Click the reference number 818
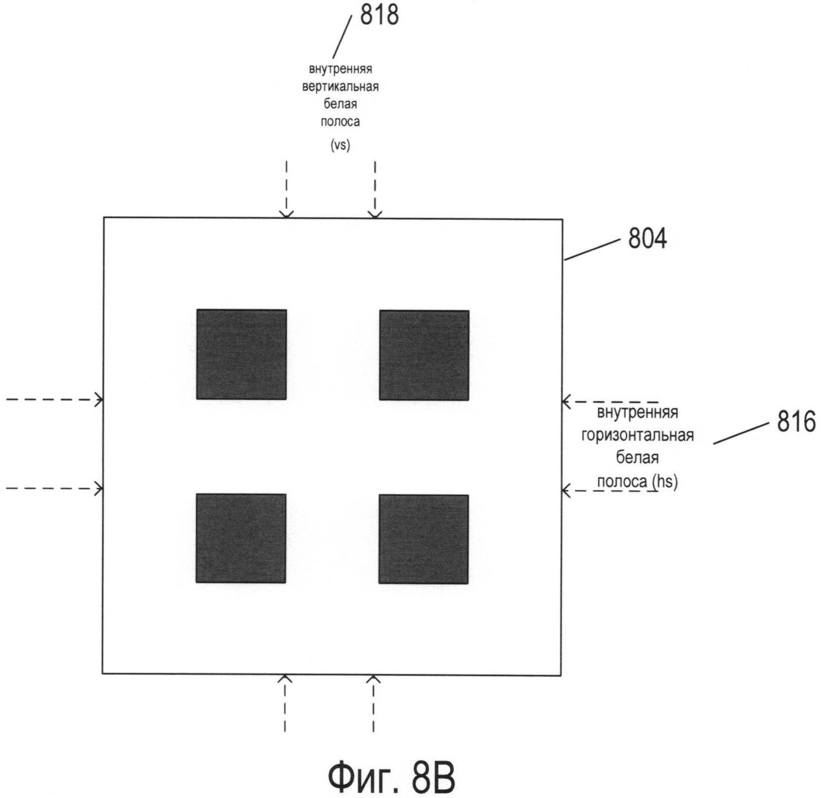click(x=379, y=15)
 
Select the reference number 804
click(x=647, y=239)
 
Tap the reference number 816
click(x=796, y=423)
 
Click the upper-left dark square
click(x=241, y=354)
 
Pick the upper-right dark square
click(x=424, y=355)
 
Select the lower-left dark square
click(x=241, y=538)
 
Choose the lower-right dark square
click(x=424, y=539)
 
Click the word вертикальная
click(x=340, y=87)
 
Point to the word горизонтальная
click(x=637, y=435)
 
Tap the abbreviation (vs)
click(x=340, y=145)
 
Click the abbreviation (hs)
click(x=664, y=482)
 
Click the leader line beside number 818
click(x=342, y=36)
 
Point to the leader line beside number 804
click(x=592, y=249)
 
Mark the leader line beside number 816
click(x=741, y=432)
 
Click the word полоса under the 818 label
click(x=340, y=122)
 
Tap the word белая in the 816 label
click(x=637, y=458)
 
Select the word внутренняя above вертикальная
click(x=340, y=69)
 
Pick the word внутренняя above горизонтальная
click(x=637, y=413)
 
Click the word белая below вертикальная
click(x=340, y=104)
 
